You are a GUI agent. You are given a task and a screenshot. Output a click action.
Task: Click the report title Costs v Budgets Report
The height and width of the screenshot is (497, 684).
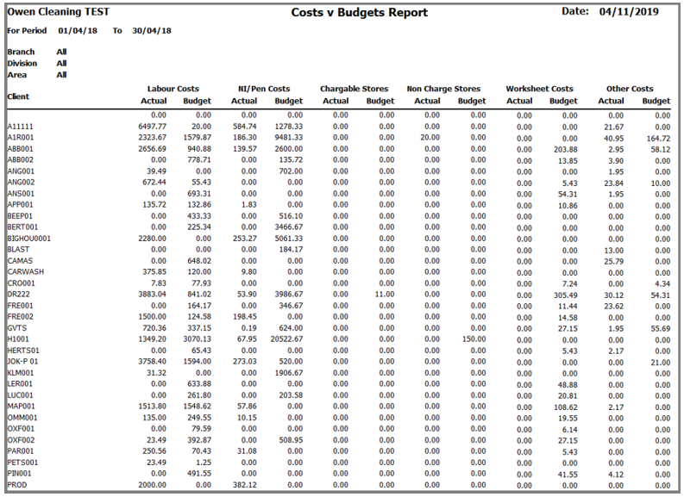click(x=360, y=13)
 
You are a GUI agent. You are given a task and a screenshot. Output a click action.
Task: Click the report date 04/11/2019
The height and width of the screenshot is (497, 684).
click(x=629, y=12)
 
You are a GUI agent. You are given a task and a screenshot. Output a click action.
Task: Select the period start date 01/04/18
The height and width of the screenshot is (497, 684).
click(x=78, y=31)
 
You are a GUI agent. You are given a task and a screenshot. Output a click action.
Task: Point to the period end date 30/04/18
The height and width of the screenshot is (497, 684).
click(x=152, y=31)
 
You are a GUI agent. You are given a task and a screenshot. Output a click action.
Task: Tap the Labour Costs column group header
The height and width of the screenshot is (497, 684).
click(x=173, y=89)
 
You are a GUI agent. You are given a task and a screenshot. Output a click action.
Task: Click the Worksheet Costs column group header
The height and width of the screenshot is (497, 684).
click(x=540, y=89)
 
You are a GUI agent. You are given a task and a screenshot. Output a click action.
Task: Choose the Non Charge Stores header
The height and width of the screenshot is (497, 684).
click(x=443, y=89)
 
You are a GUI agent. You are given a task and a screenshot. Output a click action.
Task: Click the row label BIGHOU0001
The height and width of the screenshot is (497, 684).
click(x=28, y=239)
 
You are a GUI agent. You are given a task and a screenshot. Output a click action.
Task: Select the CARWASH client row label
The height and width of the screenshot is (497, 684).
click(x=26, y=272)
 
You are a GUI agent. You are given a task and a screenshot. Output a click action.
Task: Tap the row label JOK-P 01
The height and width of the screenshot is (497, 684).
click(x=22, y=362)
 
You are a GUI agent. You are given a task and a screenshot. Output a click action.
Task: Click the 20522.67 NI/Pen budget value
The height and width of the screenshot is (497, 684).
click(x=286, y=339)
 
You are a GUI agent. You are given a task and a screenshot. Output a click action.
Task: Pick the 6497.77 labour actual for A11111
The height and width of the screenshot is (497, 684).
click(x=153, y=127)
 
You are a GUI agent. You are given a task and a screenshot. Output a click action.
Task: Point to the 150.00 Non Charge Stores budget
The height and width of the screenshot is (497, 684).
click(x=474, y=339)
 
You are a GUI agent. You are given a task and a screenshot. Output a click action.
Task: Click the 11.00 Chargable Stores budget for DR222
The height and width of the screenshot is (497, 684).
click(x=385, y=294)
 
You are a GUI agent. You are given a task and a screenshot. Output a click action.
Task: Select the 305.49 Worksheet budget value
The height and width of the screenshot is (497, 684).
click(x=565, y=295)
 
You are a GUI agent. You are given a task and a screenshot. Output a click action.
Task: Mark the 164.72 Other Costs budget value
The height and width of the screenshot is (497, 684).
click(x=658, y=139)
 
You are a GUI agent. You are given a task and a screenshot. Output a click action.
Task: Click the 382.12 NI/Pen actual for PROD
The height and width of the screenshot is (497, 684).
click(x=245, y=485)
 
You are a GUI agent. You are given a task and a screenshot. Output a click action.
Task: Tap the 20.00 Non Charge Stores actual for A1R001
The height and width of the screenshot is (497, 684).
click(x=430, y=138)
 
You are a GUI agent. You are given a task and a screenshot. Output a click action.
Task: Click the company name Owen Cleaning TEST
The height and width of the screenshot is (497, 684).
click(x=58, y=12)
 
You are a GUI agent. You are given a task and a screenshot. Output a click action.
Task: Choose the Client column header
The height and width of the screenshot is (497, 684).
click(x=18, y=96)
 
